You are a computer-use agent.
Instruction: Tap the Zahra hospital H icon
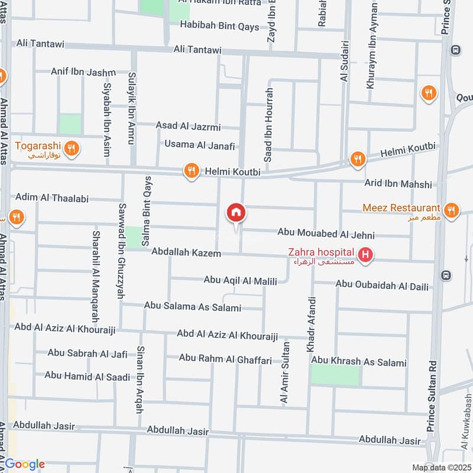[x=367, y=255]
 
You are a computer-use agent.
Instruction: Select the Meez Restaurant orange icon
[x=451, y=210]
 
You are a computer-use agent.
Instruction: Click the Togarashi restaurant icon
[x=72, y=148]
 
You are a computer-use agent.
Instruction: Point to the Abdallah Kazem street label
[x=186, y=253]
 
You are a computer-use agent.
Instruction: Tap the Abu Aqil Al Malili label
[x=241, y=281]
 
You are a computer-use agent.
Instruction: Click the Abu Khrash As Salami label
[x=359, y=362]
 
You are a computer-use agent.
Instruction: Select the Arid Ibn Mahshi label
[x=399, y=184]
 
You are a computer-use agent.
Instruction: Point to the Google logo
[x=25, y=464]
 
